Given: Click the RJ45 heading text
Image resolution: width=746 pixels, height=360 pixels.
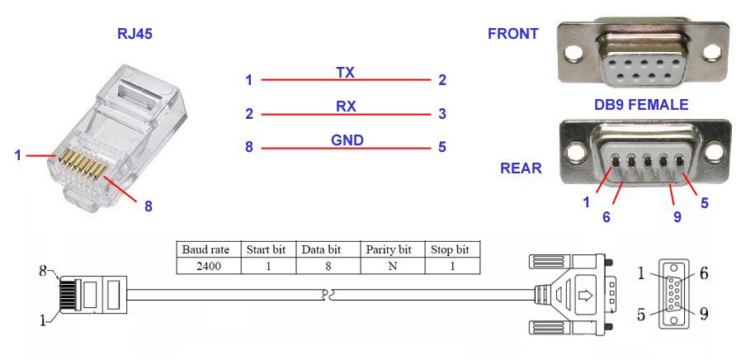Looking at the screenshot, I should tap(135, 35).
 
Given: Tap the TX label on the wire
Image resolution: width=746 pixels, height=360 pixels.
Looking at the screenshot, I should tap(345, 73).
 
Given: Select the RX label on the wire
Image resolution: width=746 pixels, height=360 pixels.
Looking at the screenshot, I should tap(345, 107).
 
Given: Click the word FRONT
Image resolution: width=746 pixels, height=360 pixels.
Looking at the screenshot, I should tap(512, 34).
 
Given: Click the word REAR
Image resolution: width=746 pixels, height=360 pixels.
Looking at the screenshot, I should tap(521, 168).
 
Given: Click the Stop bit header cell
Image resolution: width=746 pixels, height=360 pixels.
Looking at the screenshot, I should tap(452, 249).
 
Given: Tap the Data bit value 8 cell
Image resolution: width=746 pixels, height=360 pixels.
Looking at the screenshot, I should tap(328, 266).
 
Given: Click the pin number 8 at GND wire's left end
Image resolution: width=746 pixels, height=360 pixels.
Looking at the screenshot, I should tap(248, 148).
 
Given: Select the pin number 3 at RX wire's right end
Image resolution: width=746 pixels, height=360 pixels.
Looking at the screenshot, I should tap(442, 114).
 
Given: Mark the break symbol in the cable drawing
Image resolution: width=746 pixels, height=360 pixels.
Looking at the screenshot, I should tap(328, 293).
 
